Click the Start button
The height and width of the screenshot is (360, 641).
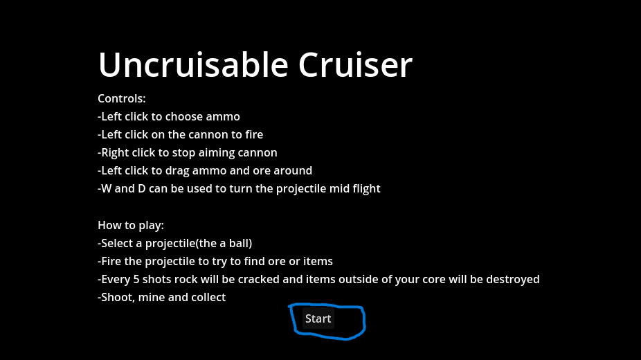click(x=318, y=318)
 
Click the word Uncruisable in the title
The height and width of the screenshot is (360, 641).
click(x=193, y=64)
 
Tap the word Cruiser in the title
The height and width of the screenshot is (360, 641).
click(x=355, y=64)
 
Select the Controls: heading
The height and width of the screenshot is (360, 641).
click(x=121, y=98)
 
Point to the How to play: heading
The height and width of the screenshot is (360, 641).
click(x=130, y=226)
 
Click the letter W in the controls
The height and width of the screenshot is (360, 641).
click(x=106, y=189)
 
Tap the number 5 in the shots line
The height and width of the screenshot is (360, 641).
click(x=136, y=280)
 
